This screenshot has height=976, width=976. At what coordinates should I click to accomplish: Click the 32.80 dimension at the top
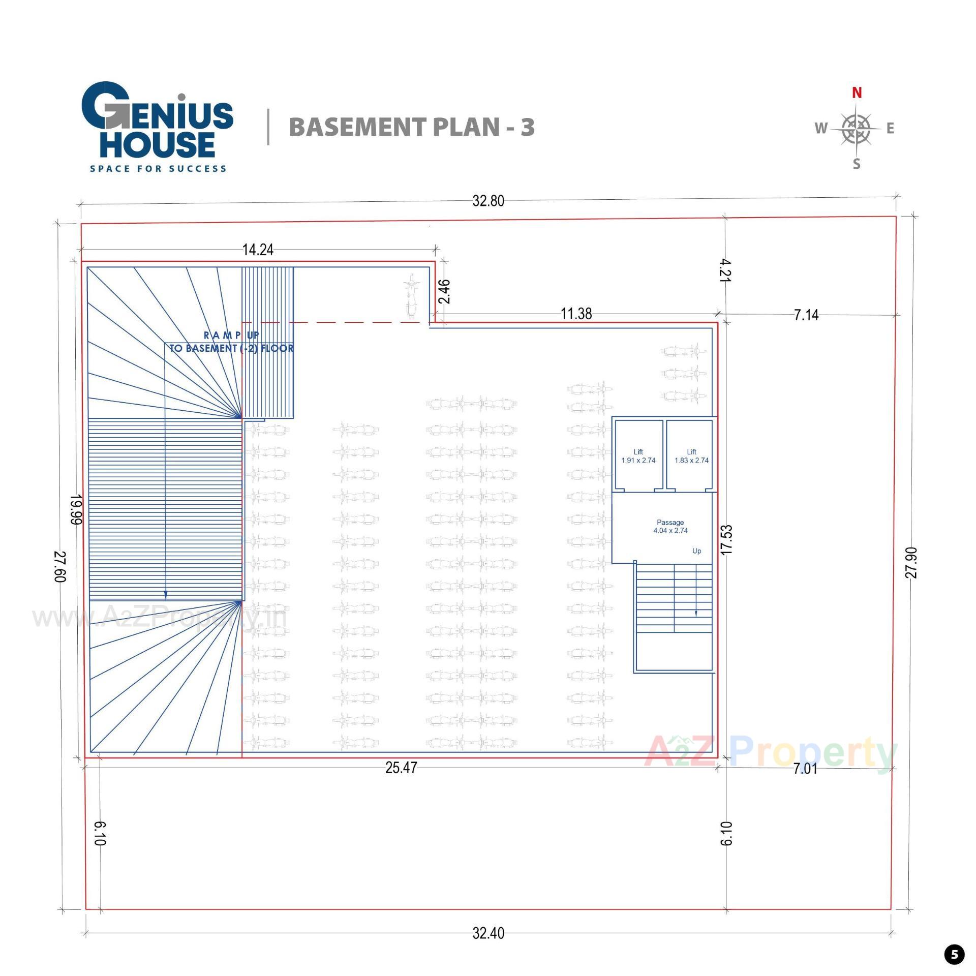click(x=488, y=201)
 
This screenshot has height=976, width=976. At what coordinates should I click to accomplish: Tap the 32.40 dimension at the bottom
click(x=488, y=933)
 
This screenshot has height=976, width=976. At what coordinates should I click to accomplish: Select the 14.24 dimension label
click(x=258, y=250)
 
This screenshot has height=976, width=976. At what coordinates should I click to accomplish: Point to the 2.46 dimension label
click(x=444, y=291)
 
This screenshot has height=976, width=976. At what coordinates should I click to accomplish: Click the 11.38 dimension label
click(x=576, y=314)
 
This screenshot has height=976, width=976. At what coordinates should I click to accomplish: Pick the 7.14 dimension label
click(x=806, y=315)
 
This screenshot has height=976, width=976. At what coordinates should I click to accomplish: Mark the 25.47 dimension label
click(x=401, y=768)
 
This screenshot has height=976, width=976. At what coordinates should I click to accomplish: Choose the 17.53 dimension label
click(x=727, y=539)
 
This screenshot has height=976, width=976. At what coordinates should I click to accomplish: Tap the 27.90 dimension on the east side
click(x=911, y=562)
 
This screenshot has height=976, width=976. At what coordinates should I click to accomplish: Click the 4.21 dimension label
click(x=725, y=270)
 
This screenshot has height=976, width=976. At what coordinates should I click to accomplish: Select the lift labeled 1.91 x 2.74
click(x=638, y=456)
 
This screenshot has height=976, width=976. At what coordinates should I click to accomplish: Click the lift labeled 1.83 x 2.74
click(x=691, y=456)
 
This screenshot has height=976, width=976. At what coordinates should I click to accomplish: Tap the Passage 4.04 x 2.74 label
click(x=670, y=526)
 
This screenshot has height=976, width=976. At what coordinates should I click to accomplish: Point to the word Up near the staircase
click(x=696, y=551)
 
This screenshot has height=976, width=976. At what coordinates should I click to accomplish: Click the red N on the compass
click(x=857, y=93)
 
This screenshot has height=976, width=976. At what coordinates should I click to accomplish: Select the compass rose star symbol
click(x=856, y=129)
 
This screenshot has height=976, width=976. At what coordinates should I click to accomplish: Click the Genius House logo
click(x=158, y=127)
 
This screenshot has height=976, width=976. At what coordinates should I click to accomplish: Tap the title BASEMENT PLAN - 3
click(x=412, y=127)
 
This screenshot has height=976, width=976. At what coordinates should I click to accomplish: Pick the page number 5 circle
click(x=954, y=954)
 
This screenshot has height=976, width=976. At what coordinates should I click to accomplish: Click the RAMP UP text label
click(x=231, y=335)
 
